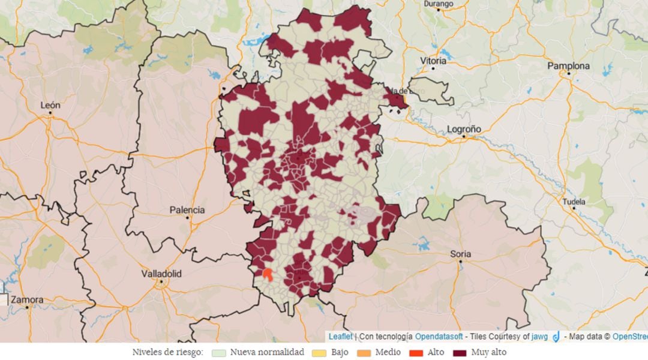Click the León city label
coord(50,104)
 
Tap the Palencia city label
coord(187,210)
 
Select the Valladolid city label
coord(161,274)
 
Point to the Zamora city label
coord(26,299)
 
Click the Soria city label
coord(460,254)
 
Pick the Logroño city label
coord(464,129)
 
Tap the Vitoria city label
coord(433,61)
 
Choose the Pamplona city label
coord(568,66)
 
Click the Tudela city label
coord(574,202)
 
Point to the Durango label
coord(438,4)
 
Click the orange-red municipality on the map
coord(268,275)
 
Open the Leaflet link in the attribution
coord(340,337)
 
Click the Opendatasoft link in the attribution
coord(439,337)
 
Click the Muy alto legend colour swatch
coord(460,352)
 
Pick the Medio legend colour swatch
coord(364,352)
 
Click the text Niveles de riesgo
coord(168,352)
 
